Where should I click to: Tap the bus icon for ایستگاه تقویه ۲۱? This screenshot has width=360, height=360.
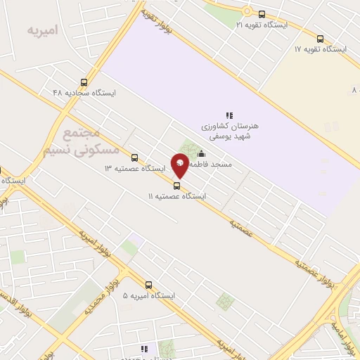click(x=262, y=14)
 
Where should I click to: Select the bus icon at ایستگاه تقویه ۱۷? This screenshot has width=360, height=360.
click(x=320, y=39)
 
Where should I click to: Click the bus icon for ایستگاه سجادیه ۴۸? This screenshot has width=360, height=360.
click(x=84, y=82)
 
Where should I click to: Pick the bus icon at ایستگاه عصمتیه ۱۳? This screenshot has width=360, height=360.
click(x=134, y=158)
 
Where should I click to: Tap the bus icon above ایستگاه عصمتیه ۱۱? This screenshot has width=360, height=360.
click(x=176, y=186)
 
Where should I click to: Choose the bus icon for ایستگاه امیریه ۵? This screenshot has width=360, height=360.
click(x=148, y=285)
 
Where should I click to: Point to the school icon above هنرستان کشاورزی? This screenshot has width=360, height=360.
click(x=229, y=115)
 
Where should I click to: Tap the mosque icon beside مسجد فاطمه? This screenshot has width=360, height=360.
click(x=202, y=154)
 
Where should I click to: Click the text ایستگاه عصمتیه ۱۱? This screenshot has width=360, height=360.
click(x=176, y=197)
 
